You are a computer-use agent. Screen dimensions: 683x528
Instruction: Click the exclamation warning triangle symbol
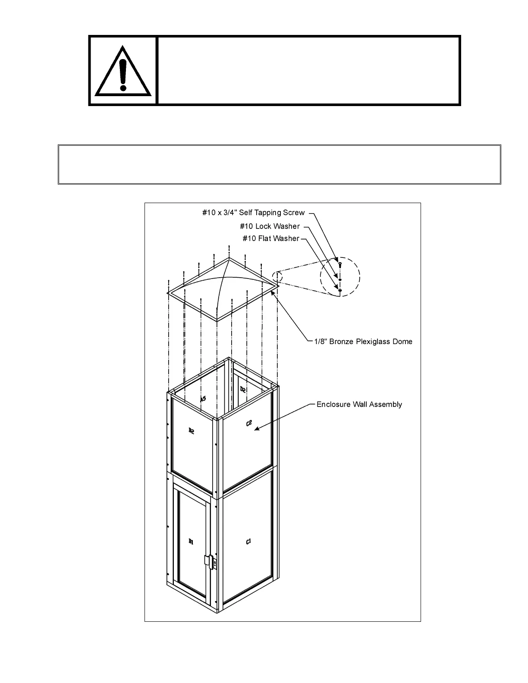pos(123,71)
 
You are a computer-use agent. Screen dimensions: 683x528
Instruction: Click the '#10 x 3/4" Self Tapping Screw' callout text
pos(253,213)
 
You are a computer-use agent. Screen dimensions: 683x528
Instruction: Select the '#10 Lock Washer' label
pos(270,226)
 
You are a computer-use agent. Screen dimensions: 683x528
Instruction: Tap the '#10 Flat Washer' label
pos(270,238)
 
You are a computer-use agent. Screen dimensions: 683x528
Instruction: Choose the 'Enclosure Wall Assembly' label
pos(359,404)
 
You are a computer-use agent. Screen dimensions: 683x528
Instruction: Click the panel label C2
pos(249,423)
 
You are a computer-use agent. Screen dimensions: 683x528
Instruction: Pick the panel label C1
pos(248,542)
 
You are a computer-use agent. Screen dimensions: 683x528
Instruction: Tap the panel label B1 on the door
pos(191,542)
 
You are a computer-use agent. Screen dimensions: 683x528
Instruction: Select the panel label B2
pos(192,430)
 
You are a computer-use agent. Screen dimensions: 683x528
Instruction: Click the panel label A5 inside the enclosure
pos(203,399)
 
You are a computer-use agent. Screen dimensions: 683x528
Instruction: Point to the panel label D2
pos(243,389)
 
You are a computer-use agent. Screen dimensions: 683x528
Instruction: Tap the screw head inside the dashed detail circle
pos(340,263)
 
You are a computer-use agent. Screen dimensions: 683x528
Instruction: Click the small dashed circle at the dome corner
pos(277,276)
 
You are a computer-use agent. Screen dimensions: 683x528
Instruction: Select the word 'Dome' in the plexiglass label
pos(402,341)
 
